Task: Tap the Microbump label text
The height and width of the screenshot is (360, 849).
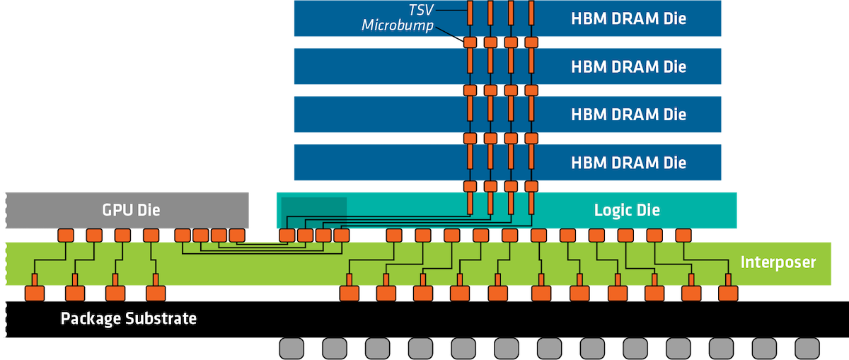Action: pos(397,25)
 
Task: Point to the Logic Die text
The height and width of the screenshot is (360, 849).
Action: pos(626,209)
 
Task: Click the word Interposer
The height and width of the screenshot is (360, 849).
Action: pos(778,262)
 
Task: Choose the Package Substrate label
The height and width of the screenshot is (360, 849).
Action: pos(128,318)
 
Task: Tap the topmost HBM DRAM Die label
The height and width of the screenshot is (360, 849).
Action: pos(628,18)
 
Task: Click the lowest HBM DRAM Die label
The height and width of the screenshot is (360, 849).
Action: pos(628,163)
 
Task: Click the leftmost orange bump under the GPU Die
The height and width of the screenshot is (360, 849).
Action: pos(66,235)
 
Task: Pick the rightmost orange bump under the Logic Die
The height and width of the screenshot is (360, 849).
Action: pos(683,235)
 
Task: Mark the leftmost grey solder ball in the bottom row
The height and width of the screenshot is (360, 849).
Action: pos(291,348)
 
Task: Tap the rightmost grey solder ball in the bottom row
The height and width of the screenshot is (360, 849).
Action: pos(807,348)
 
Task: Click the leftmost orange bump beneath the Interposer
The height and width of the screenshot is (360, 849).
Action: pos(34,293)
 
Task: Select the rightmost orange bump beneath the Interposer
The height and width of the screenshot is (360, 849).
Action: pos(727,293)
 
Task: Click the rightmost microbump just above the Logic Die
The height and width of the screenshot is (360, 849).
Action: pos(531,187)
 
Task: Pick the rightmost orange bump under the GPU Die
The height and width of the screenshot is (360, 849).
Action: pos(236,235)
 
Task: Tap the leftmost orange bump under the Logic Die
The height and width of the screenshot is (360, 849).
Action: pos(287,235)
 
